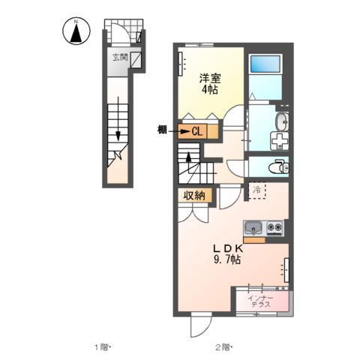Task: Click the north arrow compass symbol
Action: click(x=76, y=31)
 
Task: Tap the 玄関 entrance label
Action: click(x=120, y=58)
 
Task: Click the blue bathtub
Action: click(x=265, y=64)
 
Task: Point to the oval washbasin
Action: click(x=282, y=121)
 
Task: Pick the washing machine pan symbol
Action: click(x=280, y=141)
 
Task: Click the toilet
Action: click(x=278, y=166)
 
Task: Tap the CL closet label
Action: click(x=197, y=131)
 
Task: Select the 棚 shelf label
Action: click(x=162, y=130)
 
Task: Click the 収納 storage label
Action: click(x=194, y=195)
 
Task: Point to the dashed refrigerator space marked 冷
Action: click(x=256, y=190)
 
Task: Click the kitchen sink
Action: click(x=253, y=228)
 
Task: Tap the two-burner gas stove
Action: click(x=274, y=228)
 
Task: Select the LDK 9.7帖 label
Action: click(x=227, y=254)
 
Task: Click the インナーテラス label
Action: click(x=261, y=301)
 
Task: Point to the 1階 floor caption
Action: click(x=102, y=347)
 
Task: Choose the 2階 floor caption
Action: click(x=224, y=347)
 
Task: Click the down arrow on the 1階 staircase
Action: click(x=118, y=118)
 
